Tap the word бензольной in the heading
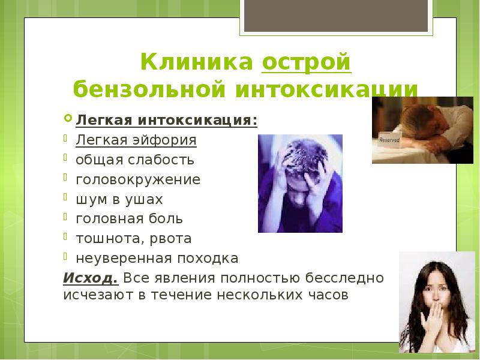148,88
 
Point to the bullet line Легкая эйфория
136,140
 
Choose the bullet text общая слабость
134,160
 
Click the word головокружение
138,179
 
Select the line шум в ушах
119,199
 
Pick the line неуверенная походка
157,259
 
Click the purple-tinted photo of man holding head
300,183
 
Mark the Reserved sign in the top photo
389,139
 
